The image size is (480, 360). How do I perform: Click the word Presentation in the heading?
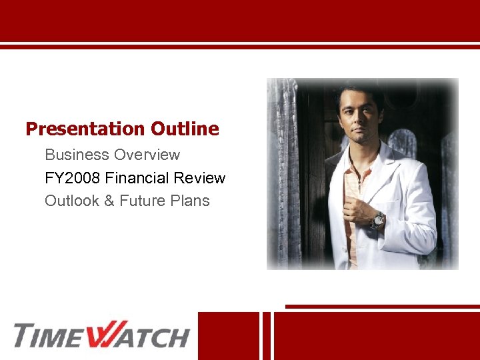(85, 129)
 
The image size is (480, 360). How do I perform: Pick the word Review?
(203, 179)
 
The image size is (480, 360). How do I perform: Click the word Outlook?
(72, 201)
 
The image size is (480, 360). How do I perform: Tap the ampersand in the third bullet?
(109, 201)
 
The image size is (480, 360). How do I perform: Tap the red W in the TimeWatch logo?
(103, 335)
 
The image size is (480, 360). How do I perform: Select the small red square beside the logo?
(229, 335)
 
